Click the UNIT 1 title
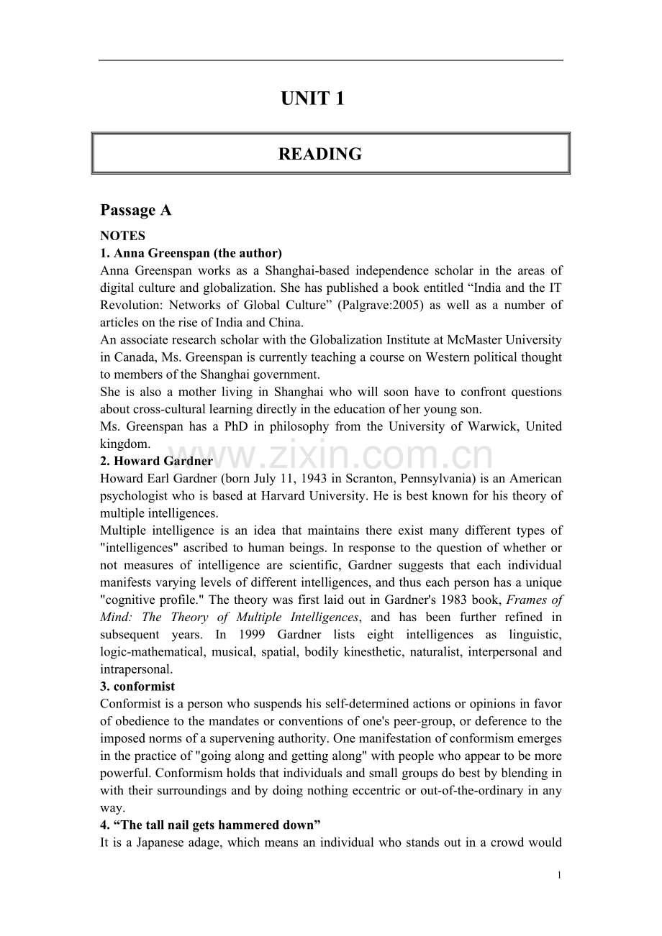pyautogui.click(x=312, y=99)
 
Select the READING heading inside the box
pyautogui.click(x=319, y=154)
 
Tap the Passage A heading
pyautogui.click(x=136, y=210)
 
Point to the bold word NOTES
pyautogui.click(x=123, y=236)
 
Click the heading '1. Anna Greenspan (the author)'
pyautogui.click(x=191, y=253)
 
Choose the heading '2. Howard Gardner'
pyautogui.click(x=157, y=461)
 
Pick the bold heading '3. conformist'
pyautogui.click(x=137, y=686)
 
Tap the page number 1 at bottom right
pyautogui.click(x=559, y=875)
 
